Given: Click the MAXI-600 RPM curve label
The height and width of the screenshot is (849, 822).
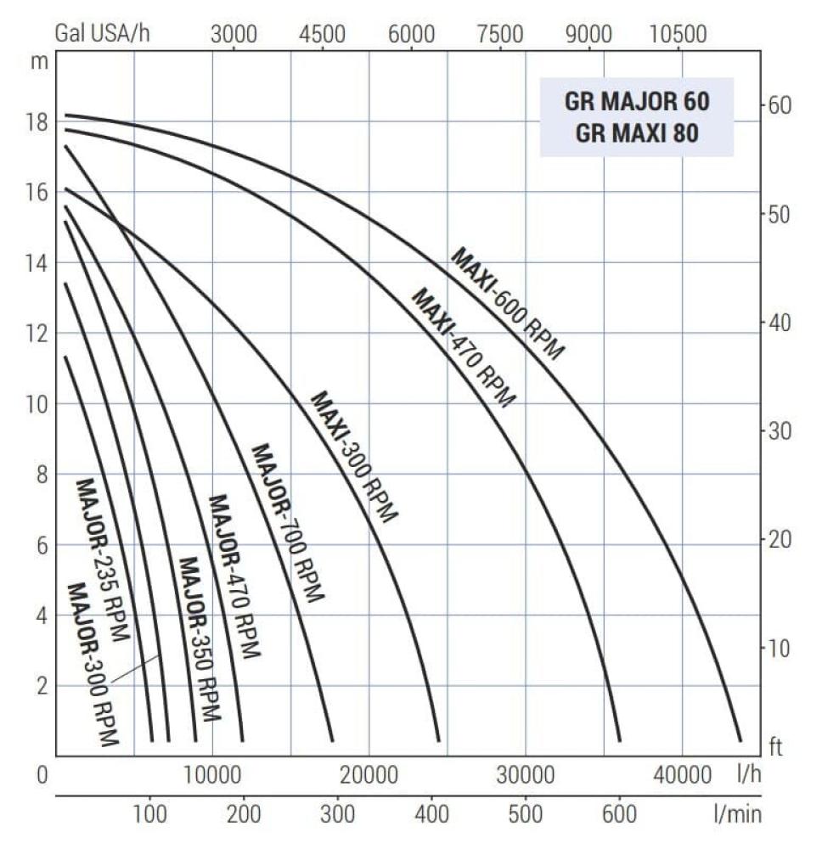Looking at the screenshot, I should [508, 303].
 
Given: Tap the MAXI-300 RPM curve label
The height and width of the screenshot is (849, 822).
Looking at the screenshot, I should [353, 456].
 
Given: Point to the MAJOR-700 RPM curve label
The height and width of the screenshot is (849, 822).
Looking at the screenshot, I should [288, 522].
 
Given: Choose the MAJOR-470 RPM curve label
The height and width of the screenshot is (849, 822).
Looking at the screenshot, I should [234, 576].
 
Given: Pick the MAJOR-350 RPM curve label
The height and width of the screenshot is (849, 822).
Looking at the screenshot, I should [200, 638].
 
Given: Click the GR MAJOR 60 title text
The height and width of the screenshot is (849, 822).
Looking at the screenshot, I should [637, 103].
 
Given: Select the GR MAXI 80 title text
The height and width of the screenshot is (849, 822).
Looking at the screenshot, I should [637, 133].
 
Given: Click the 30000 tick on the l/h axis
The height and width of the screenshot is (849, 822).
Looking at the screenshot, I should [526, 775].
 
